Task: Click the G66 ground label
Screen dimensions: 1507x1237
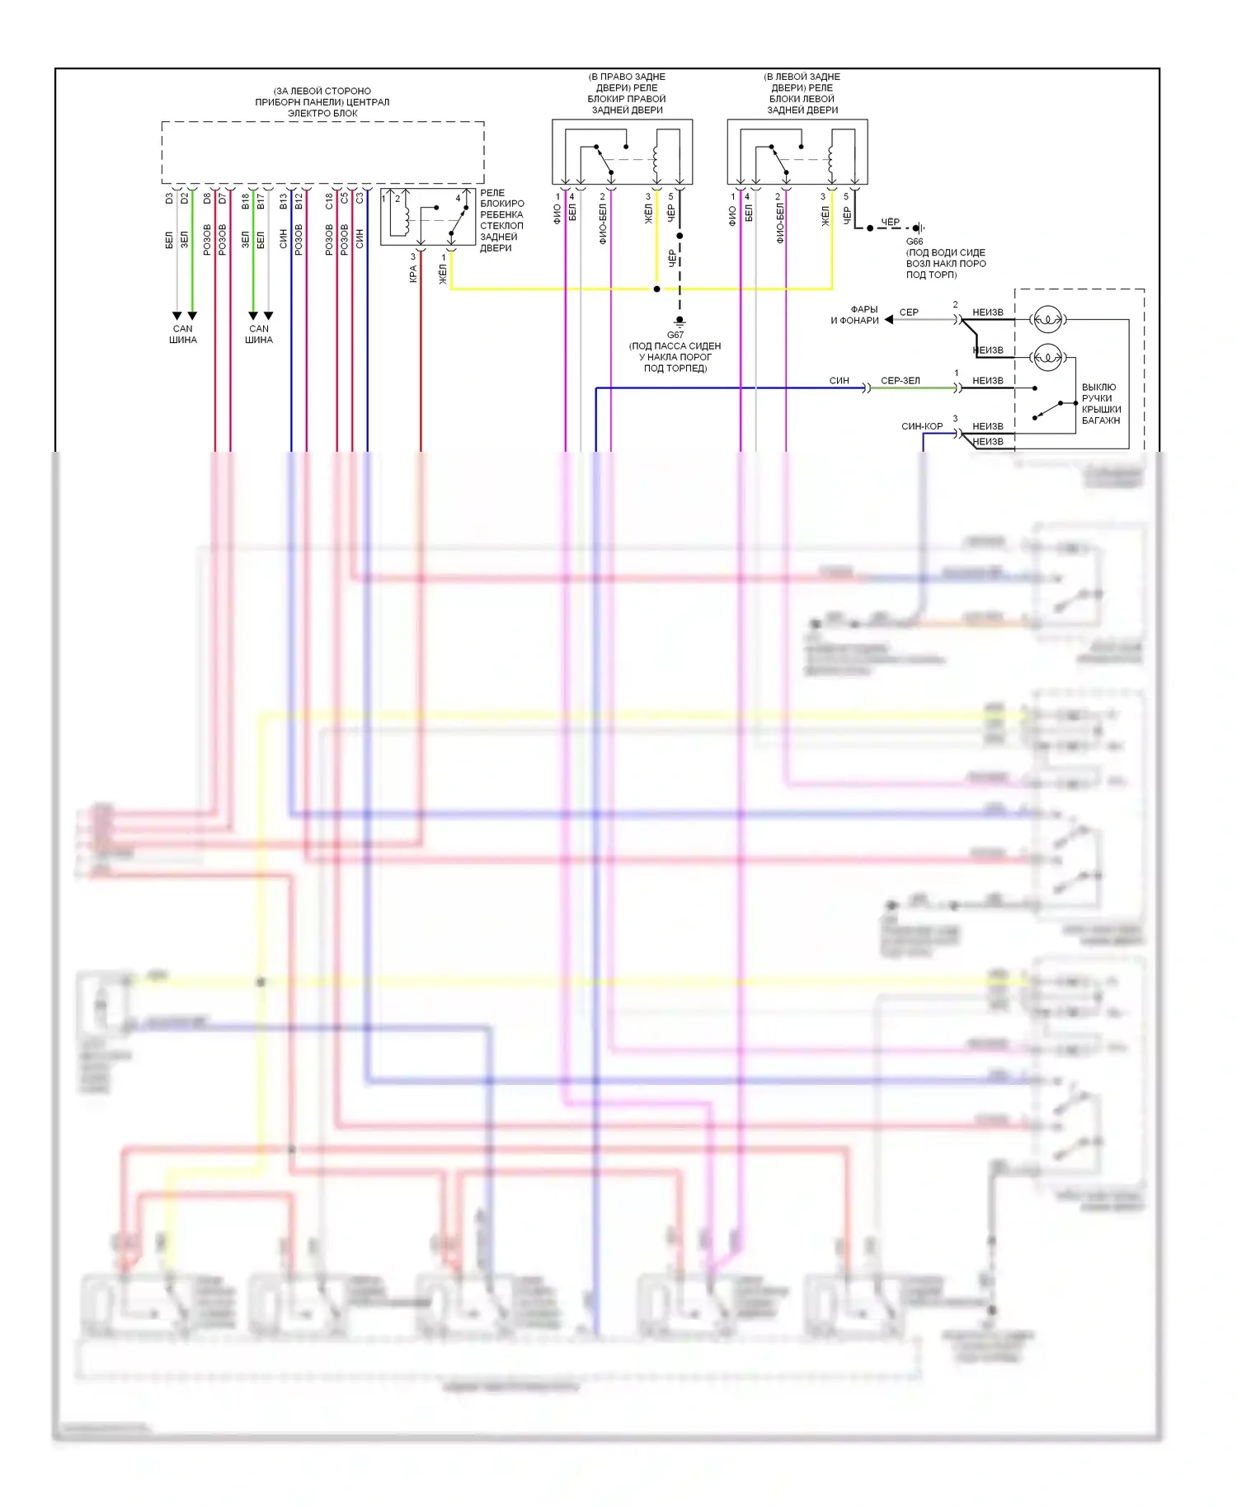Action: (x=914, y=242)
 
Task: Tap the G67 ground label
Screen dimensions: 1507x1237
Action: (x=675, y=335)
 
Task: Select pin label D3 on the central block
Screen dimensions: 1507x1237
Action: (x=169, y=199)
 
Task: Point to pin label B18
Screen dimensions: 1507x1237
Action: (x=245, y=200)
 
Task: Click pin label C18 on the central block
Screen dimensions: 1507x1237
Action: (x=329, y=200)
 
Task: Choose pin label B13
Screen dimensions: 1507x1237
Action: (x=283, y=200)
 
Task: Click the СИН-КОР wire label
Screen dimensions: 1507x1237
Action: (x=921, y=426)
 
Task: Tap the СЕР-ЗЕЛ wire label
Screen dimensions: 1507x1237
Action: (x=900, y=381)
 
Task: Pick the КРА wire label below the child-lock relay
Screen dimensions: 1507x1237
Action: (x=413, y=274)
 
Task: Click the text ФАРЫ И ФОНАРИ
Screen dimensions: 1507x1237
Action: (x=856, y=315)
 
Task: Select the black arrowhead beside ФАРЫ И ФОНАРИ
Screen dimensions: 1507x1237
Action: (x=889, y=320)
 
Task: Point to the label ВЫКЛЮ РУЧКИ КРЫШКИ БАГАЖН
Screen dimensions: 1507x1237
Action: (x=1101, y=403)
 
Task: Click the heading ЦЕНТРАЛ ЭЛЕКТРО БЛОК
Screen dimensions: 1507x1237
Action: (x=322, y=102)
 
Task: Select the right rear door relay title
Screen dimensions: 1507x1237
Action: (x=627, y=93)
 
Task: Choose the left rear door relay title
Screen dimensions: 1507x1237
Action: (x=802, y=93)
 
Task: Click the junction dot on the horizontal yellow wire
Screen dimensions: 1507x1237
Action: (x=656, y=289)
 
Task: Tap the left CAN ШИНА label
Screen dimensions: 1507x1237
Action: (x=183, y=334)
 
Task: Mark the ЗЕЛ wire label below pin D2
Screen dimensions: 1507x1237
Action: (x=185, y=239)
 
